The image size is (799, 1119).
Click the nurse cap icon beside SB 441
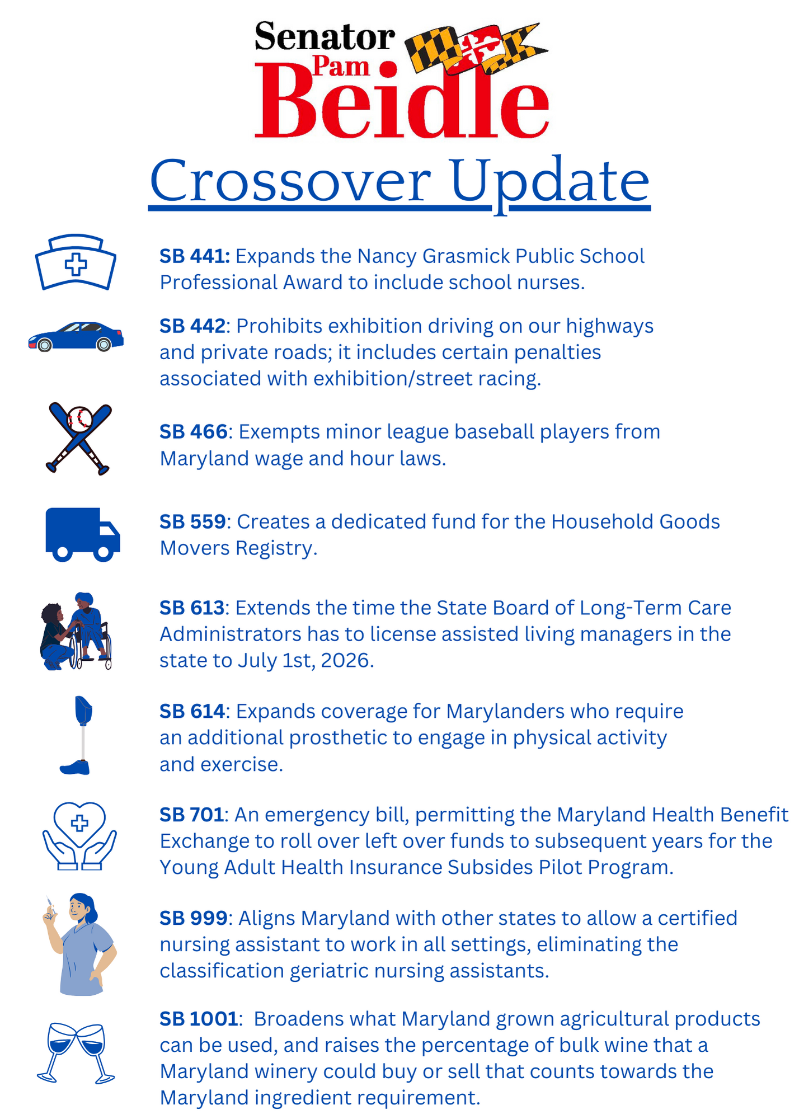coord(76,262)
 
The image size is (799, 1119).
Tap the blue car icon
coord(76,336)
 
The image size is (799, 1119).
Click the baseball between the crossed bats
coord(79,419)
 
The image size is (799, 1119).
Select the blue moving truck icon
coord(82,534)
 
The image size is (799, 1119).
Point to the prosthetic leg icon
coord(78,735)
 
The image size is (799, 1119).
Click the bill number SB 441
coord(195,256)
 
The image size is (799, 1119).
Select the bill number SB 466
coord(194,432)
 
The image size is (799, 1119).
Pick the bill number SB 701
coord(192,815)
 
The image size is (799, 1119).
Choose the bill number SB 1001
coord(199,1019)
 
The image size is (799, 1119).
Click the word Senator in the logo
coord(325,37)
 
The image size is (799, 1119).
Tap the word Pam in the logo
coord(341,66)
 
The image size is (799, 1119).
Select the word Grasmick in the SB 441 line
coord(466,256)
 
